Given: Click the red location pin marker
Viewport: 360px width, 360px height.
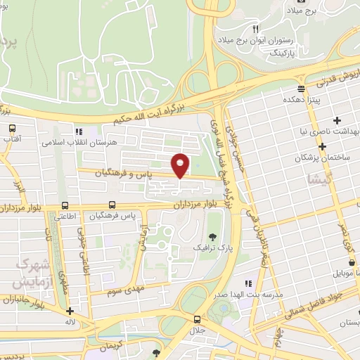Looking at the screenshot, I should (x=181, y=165).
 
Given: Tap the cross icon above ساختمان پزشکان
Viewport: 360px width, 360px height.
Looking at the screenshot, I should (x=323, y=147).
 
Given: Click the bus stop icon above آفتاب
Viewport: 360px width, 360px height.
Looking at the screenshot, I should (x=12, y=129).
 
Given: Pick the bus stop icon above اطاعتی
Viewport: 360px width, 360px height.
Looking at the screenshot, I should (x=65, y=205).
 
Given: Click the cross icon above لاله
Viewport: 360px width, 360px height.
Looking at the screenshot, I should (x=70, y=311).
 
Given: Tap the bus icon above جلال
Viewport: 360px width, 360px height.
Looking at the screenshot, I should (x=196, y=319).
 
